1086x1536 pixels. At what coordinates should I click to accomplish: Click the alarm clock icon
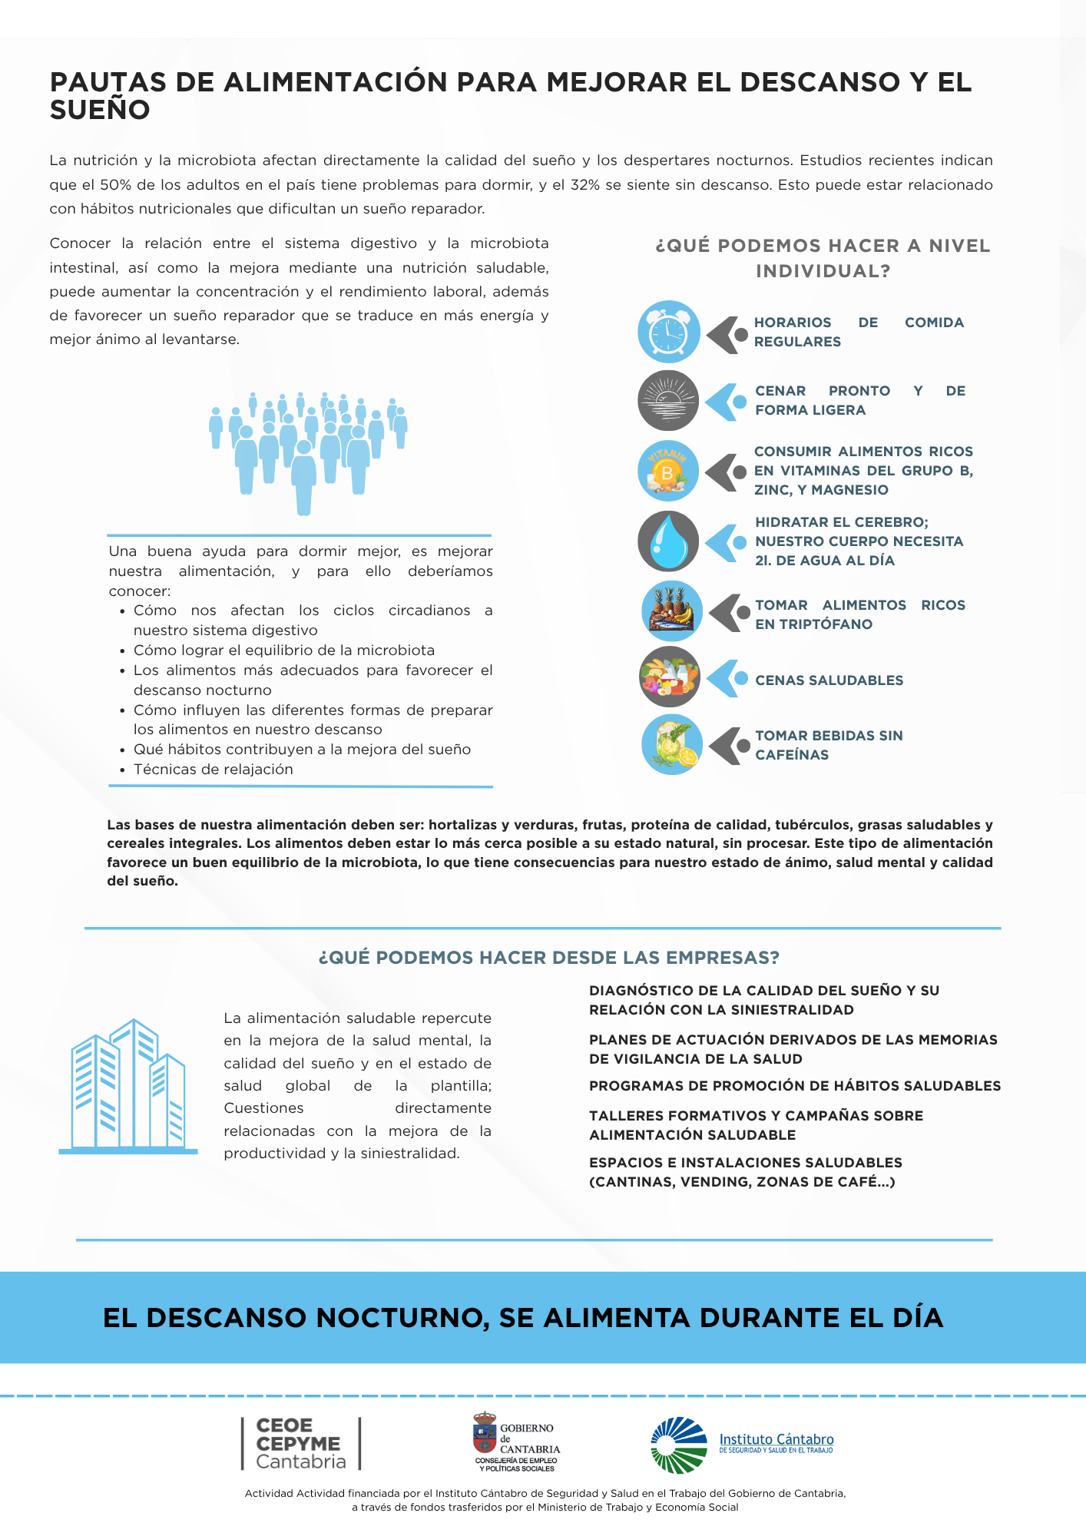668,332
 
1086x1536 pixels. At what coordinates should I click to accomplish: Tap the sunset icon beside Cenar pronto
668,400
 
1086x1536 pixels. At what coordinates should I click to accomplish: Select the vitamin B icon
668,471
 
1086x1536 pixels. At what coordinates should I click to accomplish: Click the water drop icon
668,541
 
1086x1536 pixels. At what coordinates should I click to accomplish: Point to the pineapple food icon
671,611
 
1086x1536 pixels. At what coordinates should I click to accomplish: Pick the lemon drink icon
671,744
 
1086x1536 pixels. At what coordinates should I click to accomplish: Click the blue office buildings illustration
128,1086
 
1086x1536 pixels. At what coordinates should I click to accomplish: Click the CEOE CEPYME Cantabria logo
300,1443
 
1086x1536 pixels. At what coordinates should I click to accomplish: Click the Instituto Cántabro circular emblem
679,1445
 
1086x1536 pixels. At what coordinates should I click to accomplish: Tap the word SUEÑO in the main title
100,110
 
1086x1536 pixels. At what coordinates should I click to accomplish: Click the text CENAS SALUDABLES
829,680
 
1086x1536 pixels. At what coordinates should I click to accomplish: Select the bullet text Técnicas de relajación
214,770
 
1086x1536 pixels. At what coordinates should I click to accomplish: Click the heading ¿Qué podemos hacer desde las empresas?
548,958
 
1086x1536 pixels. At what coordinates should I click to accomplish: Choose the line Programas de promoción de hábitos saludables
795,1086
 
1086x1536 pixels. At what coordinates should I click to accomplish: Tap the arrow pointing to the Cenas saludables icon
726,679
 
